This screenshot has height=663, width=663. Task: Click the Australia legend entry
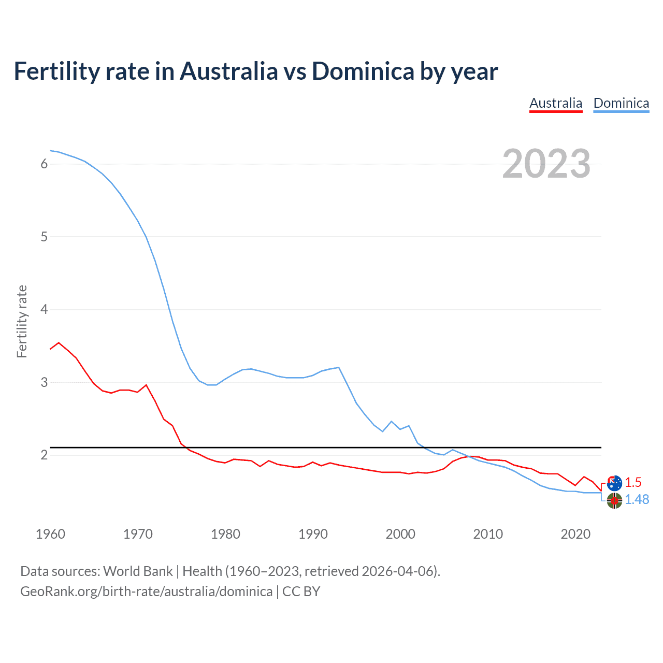coord(556,103)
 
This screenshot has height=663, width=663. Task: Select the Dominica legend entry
coord(621,103)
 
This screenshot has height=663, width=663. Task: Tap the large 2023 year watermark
coord(546,164)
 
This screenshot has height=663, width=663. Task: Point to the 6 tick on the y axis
coord(44,164)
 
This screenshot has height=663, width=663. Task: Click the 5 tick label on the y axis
coord(44,237)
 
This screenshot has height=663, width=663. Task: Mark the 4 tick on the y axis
coord(44,310)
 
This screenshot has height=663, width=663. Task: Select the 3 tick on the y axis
coord(44,382)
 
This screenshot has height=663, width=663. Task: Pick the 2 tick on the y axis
coord(44,455)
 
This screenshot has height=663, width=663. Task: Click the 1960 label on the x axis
coord(50,534)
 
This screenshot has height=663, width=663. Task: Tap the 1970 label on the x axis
coord(138,534)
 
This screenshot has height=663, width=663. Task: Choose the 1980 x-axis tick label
coord(225,534)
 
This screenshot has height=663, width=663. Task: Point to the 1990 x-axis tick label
coord(313,534)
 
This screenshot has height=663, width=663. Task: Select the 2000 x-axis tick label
coord(400,534)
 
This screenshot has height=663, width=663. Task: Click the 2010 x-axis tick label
coord(488,534)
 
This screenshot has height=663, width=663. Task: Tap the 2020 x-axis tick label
coord(575,534)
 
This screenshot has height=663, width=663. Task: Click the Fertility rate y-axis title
coord(22,321)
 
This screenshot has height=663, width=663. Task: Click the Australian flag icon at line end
coord(614,483)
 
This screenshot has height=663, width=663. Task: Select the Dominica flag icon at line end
coord(614,500)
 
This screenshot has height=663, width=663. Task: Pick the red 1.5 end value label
coord(633,482)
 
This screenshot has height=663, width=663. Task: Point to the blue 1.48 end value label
coord(637,499)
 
